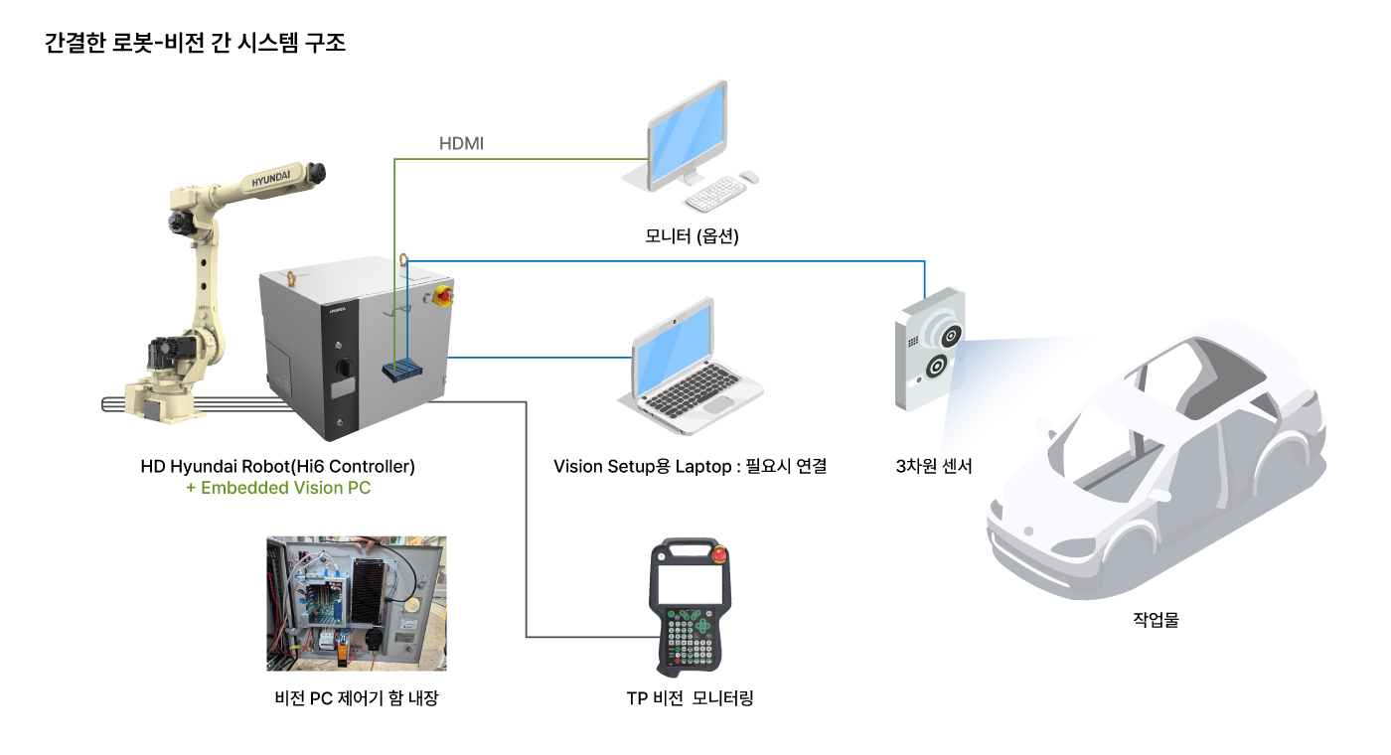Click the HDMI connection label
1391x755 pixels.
(461, 143)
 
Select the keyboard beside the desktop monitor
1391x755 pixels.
(714, 194)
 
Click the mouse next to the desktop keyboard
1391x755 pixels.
(749, 177)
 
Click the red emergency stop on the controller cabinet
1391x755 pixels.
(443, 296)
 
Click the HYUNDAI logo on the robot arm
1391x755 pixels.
(270, 178)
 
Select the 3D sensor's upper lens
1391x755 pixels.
(950, 337)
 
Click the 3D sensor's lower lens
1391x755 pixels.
(936, 367)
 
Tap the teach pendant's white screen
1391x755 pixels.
(690, 584)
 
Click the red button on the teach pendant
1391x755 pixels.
(719, 553)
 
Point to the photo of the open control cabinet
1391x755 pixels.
(357, 604)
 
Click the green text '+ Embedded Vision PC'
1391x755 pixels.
(278, 488)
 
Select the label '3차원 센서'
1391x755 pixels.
(933, 466)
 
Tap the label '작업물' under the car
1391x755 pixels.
(1156, 620)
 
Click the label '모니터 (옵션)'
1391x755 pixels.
(692, 236)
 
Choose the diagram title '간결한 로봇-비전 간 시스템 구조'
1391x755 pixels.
(195, 43)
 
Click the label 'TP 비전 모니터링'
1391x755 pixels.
(690, 698)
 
